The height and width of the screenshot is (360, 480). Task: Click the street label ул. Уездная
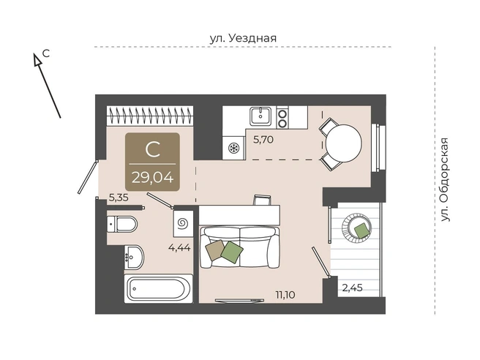point(243,38)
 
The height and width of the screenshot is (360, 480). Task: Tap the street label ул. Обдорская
point(445,180)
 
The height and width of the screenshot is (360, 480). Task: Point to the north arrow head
point(37,59)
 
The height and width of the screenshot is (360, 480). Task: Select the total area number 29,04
point(152,177)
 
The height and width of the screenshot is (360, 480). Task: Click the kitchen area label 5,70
point(263,140)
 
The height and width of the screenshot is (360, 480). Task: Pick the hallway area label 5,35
point(119,198)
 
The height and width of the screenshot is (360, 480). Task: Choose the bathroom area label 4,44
point(179,247)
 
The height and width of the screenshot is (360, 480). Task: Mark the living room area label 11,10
point(285,295)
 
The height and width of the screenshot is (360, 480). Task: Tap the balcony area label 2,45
point(353,288)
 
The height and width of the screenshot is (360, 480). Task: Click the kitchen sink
point(260,116)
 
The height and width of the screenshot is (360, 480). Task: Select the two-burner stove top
point(282,118)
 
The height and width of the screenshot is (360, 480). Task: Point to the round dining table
point(343,143)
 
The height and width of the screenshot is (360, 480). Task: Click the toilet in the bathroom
point(122,225)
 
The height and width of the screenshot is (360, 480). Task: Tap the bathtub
point(158,288)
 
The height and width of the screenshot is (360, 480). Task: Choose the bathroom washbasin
point(134,257)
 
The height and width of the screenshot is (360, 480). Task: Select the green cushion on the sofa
point(232,252)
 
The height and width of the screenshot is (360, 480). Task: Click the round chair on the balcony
point(356,228)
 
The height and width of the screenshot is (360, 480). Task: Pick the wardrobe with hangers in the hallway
point(150,116)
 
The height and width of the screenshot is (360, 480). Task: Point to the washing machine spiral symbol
point(183,223)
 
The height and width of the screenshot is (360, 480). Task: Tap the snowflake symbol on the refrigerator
point(233,148)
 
